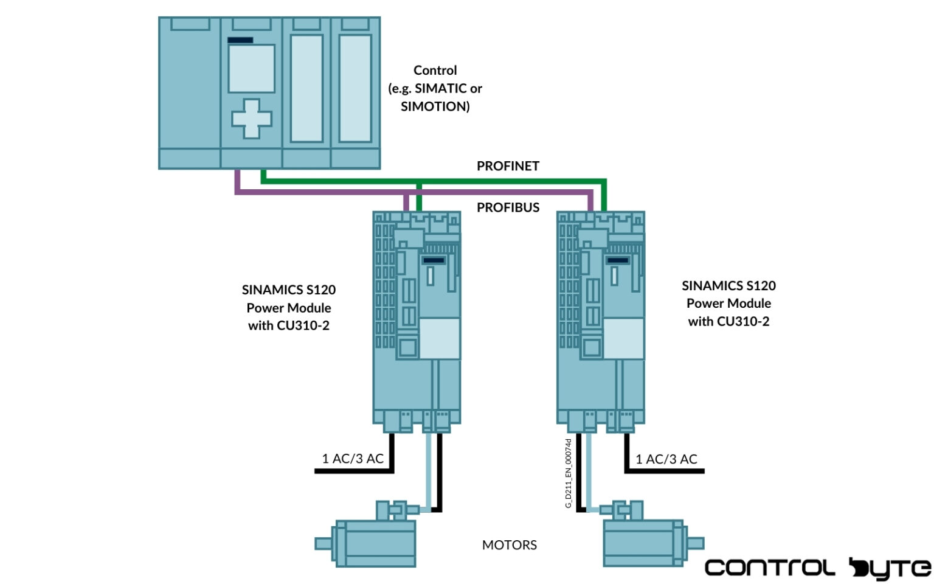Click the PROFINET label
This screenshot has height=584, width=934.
click(508, 166)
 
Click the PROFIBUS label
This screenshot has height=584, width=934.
click(508, 207)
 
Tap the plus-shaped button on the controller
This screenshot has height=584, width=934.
click(251, 119)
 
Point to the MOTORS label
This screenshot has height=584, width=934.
click(509, 545)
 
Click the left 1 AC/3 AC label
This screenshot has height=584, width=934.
click(353, 459)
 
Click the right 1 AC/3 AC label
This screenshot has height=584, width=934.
click(666, 459)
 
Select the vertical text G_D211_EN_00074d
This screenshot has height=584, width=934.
click(569, 473)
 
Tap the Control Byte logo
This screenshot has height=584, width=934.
click(817, 568)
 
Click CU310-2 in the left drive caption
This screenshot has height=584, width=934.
click(303, 326)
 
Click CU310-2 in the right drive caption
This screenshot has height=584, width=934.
click(743, 322)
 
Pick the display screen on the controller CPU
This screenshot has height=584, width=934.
click(251, 68)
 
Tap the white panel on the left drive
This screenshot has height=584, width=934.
click(440, 338)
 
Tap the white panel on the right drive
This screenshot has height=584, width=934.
click(623, 338)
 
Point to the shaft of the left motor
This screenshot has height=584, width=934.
click(323, 543)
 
